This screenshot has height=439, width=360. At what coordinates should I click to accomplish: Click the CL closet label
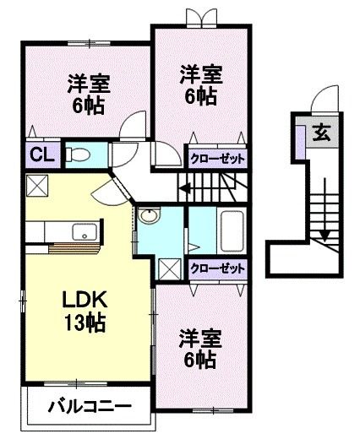coord(37,154)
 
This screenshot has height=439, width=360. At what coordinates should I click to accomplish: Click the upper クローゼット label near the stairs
coord(217,158)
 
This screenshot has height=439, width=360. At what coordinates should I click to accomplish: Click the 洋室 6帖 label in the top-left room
coord(87,95)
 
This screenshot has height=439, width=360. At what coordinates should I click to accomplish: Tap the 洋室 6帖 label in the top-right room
coord(200,84)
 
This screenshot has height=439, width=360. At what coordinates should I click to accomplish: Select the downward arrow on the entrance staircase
coord(324,233)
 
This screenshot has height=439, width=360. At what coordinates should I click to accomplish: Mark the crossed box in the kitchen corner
coord(36,186)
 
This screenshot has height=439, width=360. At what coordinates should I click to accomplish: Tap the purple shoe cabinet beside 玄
coord(302,134)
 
